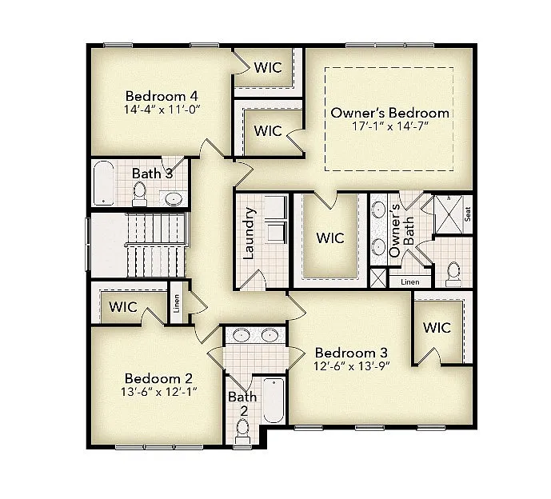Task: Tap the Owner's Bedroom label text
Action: tap(389, 113)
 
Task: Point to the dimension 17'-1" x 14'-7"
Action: tap(389, 128)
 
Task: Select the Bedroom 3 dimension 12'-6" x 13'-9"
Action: tap(351, 367)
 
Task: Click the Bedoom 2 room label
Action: tap(158, 378)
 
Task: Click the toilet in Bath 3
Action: tap(139, 192)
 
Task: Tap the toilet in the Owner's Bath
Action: tap(453, 273)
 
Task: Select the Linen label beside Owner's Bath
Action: tap(409, 281)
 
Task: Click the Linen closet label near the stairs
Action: tap(177, 304)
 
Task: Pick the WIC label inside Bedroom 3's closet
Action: tap(437, 328)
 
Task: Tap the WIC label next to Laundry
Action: tap(329, 238)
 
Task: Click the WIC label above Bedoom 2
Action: tap(123, 306)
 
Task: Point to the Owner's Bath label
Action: tap(395, 230)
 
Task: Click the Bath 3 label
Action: tap(152, 173)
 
